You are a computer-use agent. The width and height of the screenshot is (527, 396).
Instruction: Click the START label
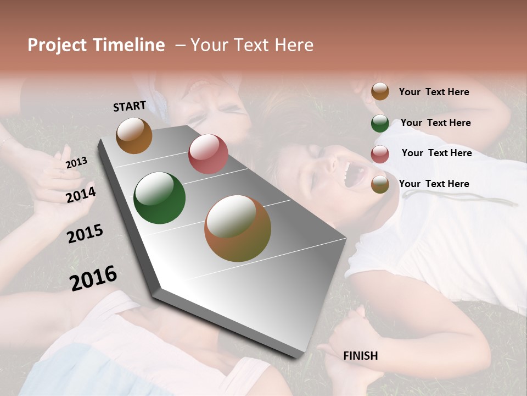click(x=130, y=106)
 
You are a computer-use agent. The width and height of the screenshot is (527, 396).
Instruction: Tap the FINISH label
click(x=360, y=356)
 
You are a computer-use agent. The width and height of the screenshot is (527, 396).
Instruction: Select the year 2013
click(x=76, y=162)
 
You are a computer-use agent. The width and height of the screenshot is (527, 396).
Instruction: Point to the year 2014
click(x=81, y=195)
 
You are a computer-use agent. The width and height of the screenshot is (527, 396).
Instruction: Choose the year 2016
click(x=93, y=277)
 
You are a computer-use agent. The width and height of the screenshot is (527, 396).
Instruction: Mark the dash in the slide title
click(x=180, y=45)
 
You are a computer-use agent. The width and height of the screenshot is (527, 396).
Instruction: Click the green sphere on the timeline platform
click(x=159, y=198)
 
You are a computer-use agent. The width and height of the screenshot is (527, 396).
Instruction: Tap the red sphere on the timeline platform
click(x=208, y=154)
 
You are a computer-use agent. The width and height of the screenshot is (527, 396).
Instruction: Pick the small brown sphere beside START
click(x=134, y=135)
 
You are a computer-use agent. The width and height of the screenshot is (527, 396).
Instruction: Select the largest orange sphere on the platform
click(x=237, y=228)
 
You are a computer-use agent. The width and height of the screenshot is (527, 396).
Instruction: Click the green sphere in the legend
click(x=380, y=123)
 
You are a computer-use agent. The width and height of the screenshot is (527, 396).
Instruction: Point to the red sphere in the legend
click(x=380, y=154)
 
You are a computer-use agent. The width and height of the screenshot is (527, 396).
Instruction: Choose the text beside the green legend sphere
click(x=435, y=123)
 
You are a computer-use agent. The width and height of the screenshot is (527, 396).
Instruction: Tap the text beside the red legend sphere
click(x=436, y=153)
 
